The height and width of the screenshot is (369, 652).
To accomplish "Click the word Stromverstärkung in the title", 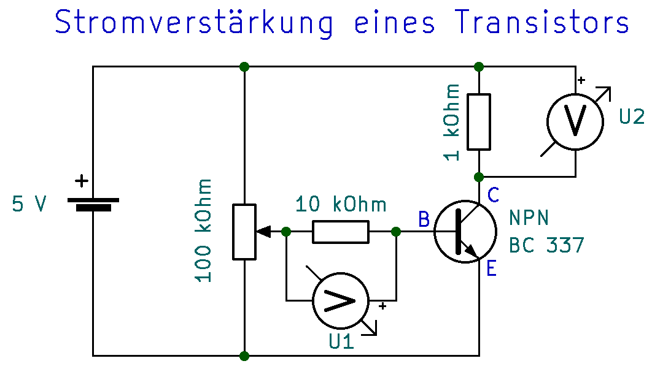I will point(195,23).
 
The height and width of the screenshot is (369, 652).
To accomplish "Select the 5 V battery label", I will point(29,204).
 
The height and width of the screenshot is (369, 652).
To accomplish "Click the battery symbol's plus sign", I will point(80,181).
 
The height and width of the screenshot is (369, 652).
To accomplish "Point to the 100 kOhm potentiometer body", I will point(244,232).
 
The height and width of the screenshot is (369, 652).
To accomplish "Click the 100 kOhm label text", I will point(204,230).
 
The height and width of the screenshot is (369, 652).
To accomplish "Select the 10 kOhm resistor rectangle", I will point(341,232).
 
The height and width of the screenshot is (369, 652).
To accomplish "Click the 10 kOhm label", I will point(341,204).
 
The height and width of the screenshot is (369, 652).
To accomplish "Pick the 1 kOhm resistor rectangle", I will point(479,121).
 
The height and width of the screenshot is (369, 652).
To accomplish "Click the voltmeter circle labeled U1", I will point(341,300).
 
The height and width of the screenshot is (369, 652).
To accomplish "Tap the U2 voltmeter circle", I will point(575,121).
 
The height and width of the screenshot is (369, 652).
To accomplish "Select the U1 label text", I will point(341,341).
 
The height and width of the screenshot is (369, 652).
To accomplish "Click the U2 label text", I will point(632,116).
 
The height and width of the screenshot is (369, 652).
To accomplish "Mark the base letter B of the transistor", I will point(424,219).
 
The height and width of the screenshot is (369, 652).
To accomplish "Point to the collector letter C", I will point(494,195).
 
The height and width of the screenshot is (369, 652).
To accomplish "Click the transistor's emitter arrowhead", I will point(472,249).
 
